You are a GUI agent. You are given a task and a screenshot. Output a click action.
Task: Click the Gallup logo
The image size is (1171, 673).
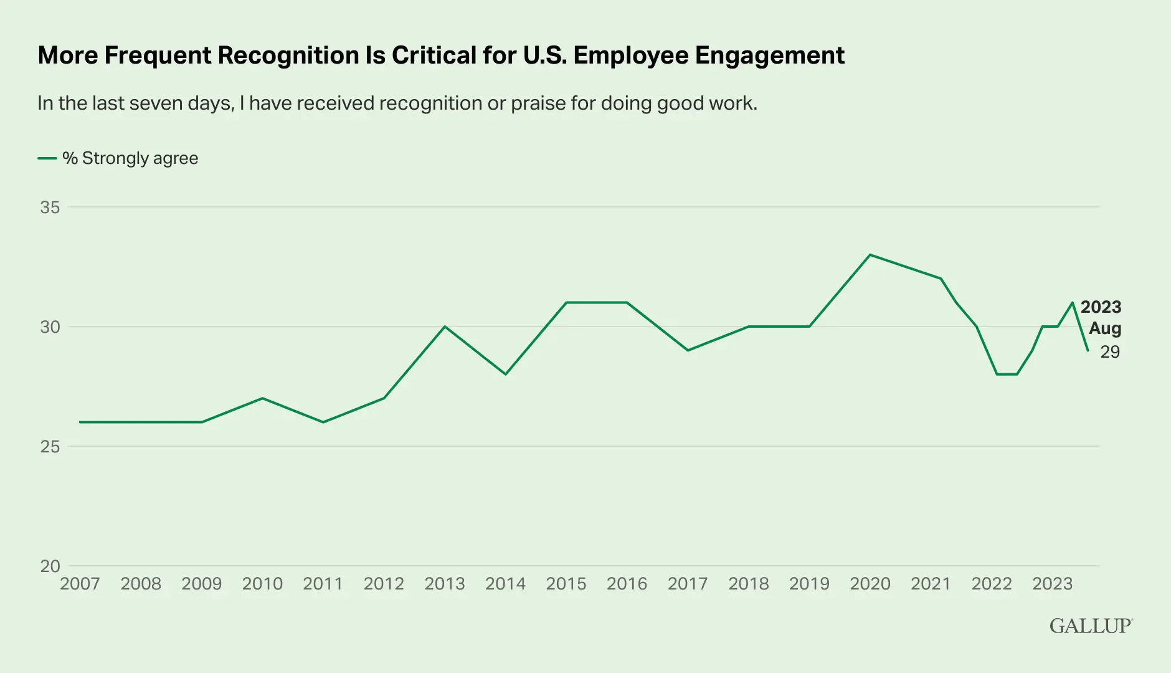(x=1091, y=626)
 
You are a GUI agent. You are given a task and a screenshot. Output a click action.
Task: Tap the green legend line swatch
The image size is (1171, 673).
(x=47, y=158)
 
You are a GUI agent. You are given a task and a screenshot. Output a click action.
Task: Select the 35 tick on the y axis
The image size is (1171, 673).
(x=50, y=207)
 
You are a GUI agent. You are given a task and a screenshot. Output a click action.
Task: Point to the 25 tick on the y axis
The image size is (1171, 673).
(x=50, y=446)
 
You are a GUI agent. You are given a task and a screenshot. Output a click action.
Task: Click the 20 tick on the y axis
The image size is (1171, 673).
(x=50, y=566)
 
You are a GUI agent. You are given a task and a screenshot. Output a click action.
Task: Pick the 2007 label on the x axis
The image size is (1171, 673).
(x=80, y=584)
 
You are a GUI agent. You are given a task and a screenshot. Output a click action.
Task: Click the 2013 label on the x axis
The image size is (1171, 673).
(x=445, y=584)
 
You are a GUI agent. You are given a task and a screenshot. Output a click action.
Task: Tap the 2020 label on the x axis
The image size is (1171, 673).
(x=870, y=584)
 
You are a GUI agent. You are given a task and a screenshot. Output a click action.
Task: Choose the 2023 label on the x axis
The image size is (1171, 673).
(x=1053, y=584)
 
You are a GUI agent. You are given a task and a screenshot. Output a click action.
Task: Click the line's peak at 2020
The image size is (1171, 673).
(x=870, y=255)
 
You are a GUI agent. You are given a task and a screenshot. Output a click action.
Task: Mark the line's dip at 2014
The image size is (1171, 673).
(x=506, y=374)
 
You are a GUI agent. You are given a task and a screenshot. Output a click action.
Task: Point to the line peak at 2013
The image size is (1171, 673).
(x=445, y=327)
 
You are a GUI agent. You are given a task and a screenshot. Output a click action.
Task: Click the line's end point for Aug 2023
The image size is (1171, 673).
(x=1088, y=350)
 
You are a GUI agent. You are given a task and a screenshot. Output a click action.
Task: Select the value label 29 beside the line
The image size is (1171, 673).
(x=1110, y=352)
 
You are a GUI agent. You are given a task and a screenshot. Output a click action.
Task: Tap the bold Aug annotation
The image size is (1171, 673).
(x=1105, y=328)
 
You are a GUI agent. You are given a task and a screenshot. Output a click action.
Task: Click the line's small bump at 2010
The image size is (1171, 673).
(x=262, y=398)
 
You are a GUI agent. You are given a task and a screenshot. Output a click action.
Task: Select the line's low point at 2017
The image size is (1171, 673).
(x=688, y=350)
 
